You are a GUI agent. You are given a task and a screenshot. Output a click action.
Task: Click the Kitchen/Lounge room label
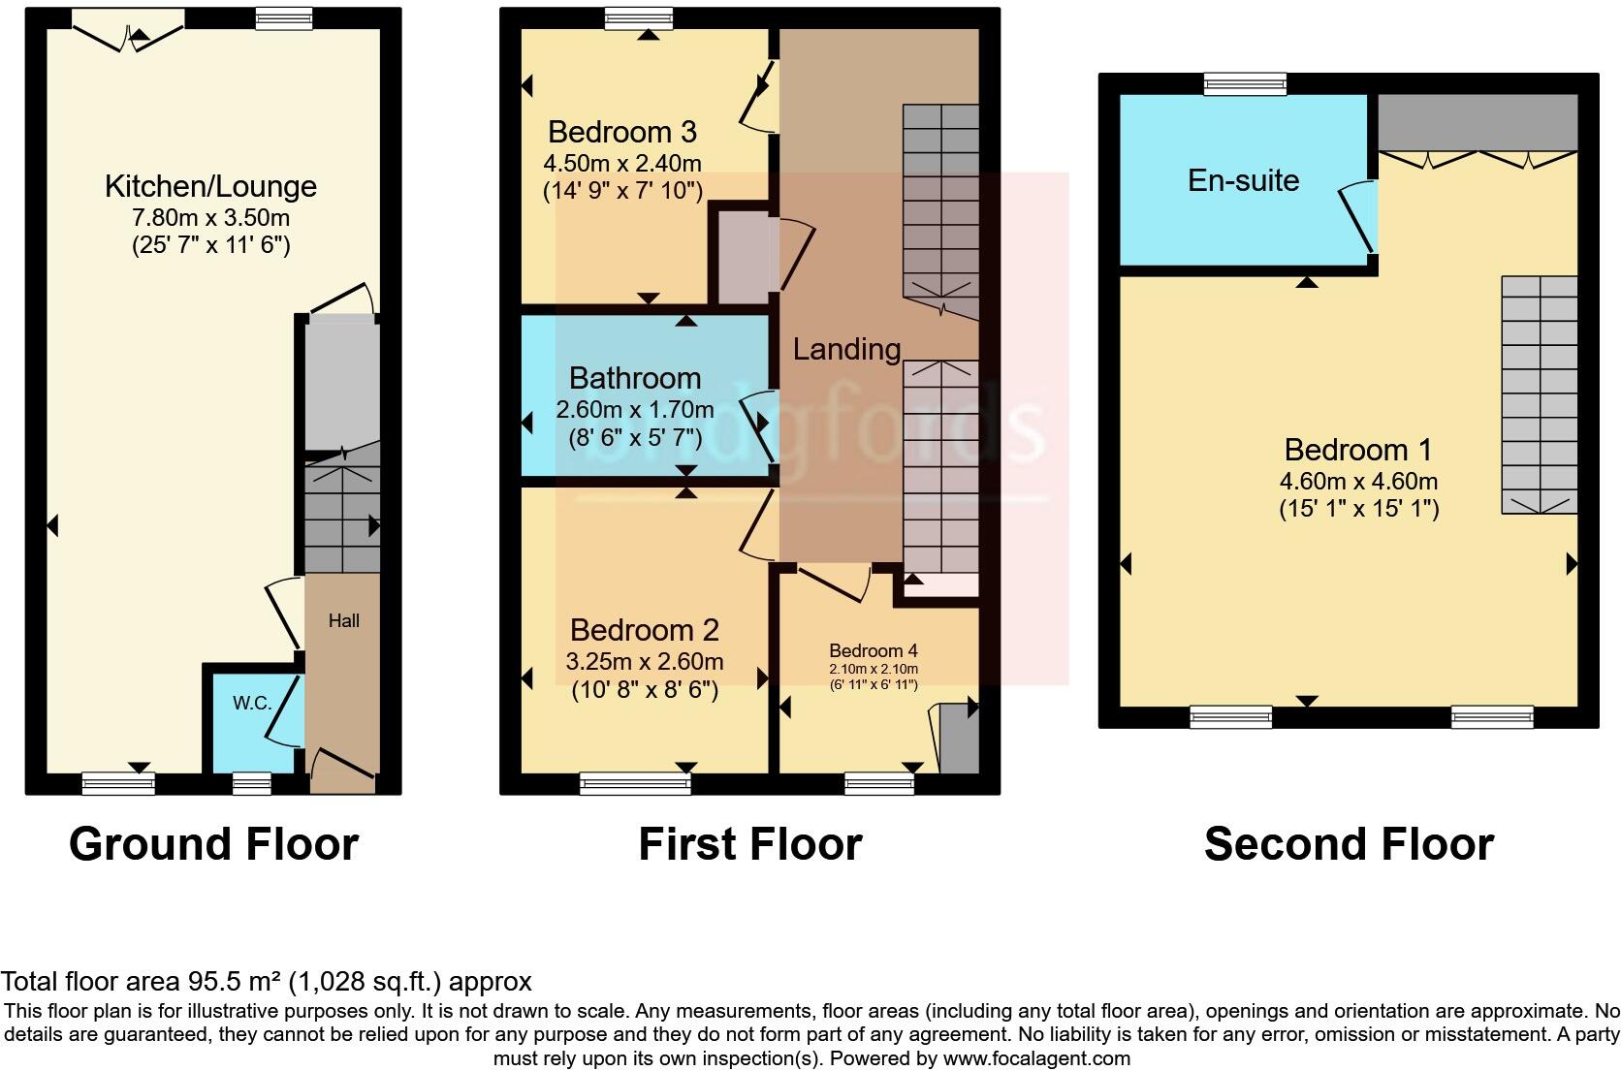coord(210,186)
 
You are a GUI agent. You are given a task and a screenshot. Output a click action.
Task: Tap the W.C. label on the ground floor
coord(252,703)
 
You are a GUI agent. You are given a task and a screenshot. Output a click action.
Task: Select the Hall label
coord(343,620)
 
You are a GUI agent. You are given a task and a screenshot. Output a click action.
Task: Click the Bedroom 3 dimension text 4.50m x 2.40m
coord(621,162)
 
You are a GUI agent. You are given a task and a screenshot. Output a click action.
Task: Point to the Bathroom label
coord(634,378)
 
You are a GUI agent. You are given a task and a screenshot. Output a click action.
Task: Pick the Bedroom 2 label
coord(644,630)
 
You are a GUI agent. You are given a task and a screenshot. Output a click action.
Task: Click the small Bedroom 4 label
coord(873,650)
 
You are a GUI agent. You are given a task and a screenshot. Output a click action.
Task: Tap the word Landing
coord(846,349)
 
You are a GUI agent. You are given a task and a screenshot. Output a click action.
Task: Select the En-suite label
coord(1243,180)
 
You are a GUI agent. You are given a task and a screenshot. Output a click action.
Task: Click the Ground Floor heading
coord(213,843)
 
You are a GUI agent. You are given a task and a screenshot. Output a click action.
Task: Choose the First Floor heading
coord(749,843)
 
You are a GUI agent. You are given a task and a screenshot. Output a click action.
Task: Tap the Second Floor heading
coord(1348,843)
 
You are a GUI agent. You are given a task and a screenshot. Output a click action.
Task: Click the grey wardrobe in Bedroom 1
coord(1478,122)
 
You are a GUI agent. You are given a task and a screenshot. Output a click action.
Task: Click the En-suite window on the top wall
coord(1245,85)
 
